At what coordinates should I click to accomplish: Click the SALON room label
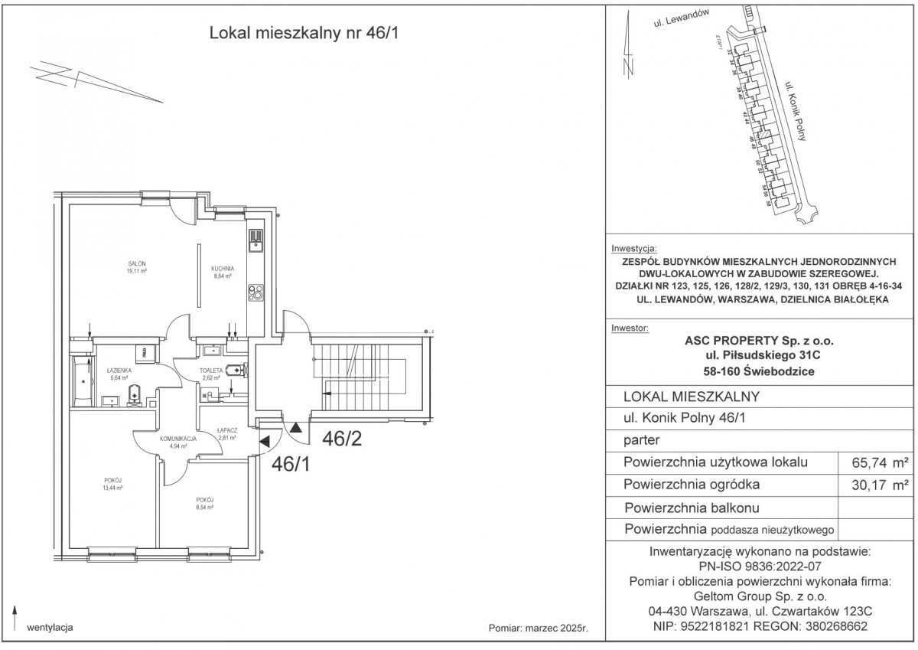138,263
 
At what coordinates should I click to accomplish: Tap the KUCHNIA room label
222,268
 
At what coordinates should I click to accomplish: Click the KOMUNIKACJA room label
179,439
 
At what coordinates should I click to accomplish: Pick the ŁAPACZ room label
226,430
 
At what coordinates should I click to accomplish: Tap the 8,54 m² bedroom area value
202,506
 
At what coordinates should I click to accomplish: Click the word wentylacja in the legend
49,628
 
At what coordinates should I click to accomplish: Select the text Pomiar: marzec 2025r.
537,628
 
